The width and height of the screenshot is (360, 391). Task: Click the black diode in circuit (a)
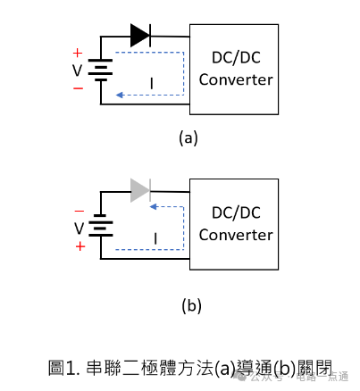coord(140,36)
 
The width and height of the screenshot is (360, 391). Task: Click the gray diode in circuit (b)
coord(140,190)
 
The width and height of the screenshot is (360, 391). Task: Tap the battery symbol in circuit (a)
coord(101,70)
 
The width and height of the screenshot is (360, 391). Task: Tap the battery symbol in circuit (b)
coord(101,225)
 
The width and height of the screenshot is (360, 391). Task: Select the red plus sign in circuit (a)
coord(78,54)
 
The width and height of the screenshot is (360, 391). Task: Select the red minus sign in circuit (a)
coord(78,88)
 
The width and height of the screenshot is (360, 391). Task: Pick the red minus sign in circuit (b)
coord(80,211)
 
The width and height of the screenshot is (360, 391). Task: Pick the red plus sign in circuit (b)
coord(80,246)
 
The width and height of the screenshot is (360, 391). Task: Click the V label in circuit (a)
coord(77,71)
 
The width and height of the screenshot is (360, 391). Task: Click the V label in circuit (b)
coord(79,229)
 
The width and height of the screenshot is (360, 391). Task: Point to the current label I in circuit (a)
coord(152,84)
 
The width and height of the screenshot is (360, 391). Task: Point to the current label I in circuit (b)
coord(155,238)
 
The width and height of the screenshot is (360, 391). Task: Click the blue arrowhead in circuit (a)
coord(120,95)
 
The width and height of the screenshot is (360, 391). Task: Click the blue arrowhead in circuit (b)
coord(154,206)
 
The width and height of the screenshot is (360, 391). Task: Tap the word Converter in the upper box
coord(236,79)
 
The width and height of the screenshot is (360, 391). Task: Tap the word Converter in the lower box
coord(236,235)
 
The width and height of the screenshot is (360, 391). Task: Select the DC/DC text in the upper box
coord(236,57)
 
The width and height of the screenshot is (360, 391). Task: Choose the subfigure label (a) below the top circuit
coord(188,138)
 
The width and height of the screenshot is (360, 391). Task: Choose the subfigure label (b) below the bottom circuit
coord(191,305)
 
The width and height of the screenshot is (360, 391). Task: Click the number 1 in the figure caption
coord(71,368)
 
